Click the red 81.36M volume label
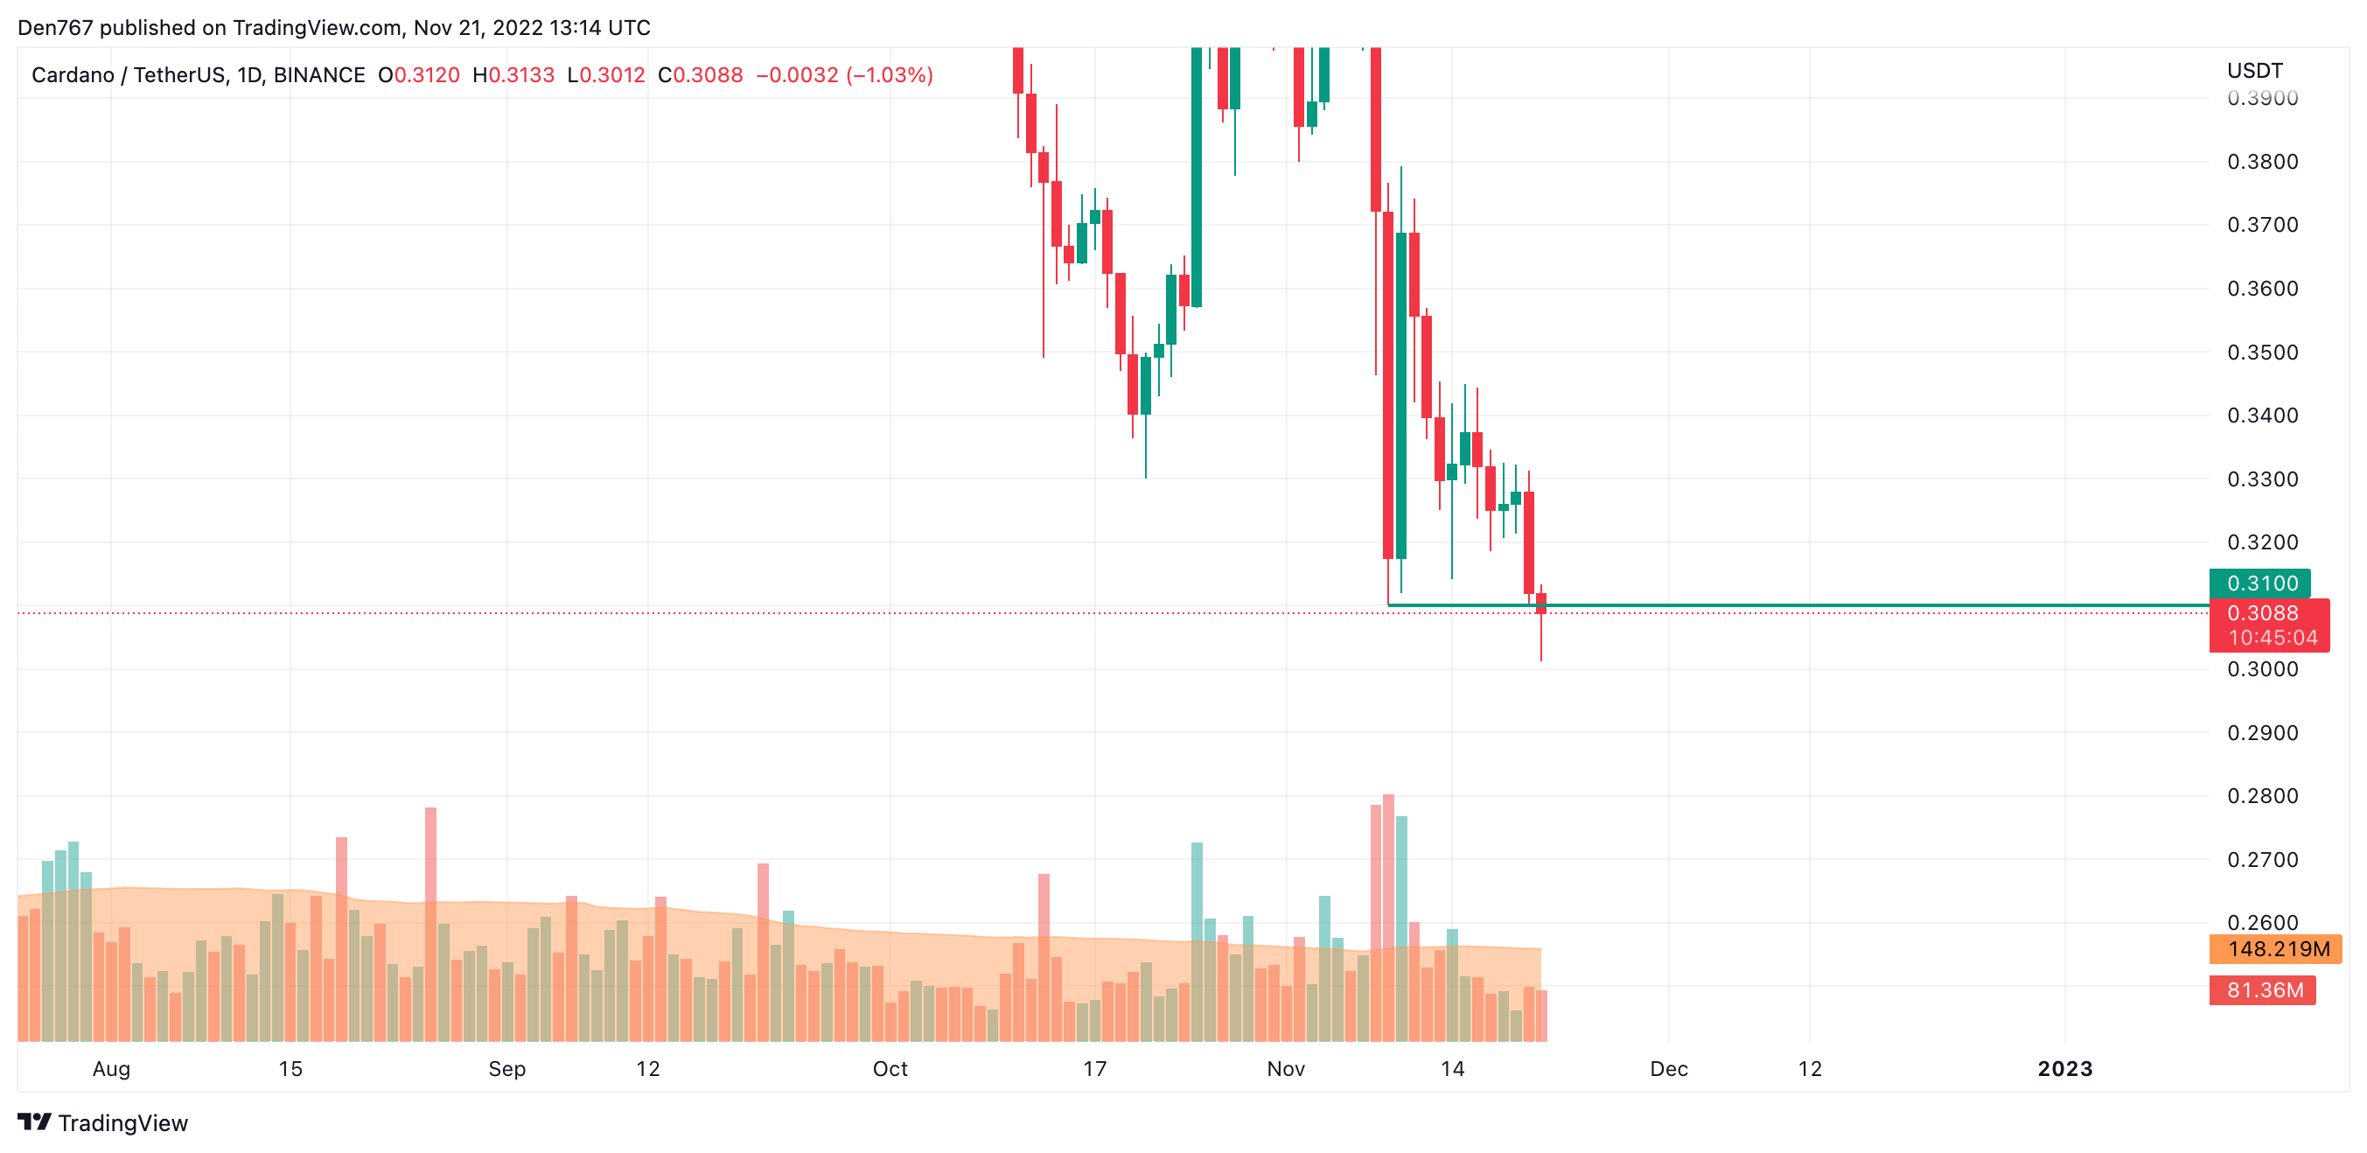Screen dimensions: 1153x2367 tap(2263, 990)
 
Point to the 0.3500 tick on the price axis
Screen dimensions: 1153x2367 tap(2262, 353)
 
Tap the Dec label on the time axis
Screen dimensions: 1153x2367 tap(1668, 1069)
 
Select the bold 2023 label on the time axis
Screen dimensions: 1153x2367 tap(2063, 1069)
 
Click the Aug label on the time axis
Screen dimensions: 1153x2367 tap(111, 1069)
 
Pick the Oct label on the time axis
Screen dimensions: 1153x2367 tap(890, 1069)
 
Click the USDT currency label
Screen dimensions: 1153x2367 tap(2254, 71)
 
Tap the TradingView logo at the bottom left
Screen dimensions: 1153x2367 tap(103, 1122)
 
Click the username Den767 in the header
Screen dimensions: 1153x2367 tap(55, 28)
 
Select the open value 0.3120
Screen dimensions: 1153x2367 tap(426, 75)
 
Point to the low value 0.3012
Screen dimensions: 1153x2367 tap(612, 75)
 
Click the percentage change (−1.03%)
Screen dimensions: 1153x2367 tap(889, 75)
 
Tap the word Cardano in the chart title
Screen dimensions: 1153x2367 tap(73, 75)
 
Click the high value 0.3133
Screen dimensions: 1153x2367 tap(521, 75)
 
